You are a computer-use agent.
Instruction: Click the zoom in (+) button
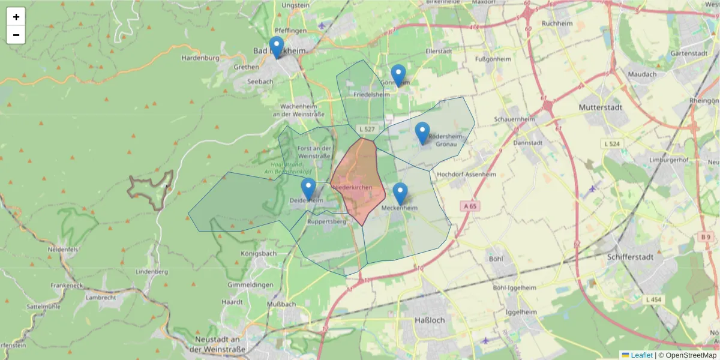click(16, 17)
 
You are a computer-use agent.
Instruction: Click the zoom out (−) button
click(16, 35)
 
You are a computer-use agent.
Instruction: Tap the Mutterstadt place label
click(600, 107)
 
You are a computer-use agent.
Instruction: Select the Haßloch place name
click(430, 320)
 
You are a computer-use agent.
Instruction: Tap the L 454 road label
click(653, 299)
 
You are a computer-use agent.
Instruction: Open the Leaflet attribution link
click(640, 355)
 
